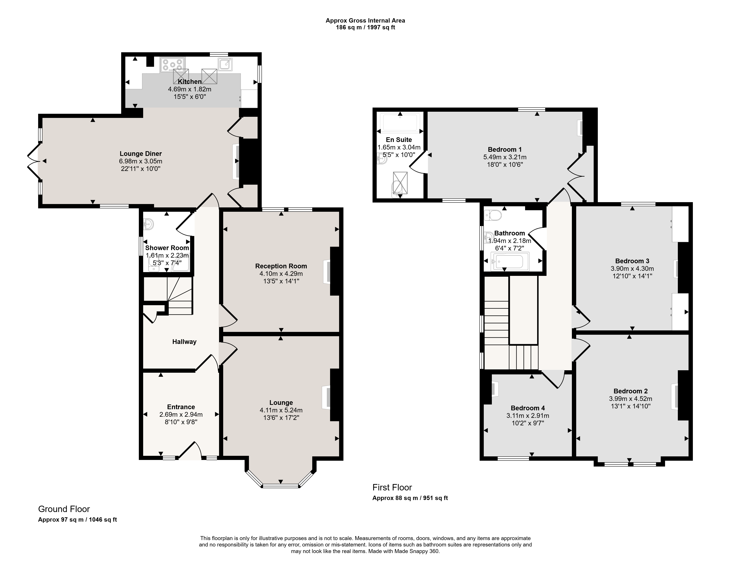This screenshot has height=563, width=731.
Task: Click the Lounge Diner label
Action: click(x=141, y=154)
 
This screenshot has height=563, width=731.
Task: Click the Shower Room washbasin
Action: click(x=148, y=224)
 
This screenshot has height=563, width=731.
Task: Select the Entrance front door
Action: click(x=190, y=451)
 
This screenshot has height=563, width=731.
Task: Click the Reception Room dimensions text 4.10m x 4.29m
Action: click(x=281, y=274)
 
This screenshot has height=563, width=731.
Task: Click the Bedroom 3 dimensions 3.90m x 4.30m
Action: click(x=632, y=269)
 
